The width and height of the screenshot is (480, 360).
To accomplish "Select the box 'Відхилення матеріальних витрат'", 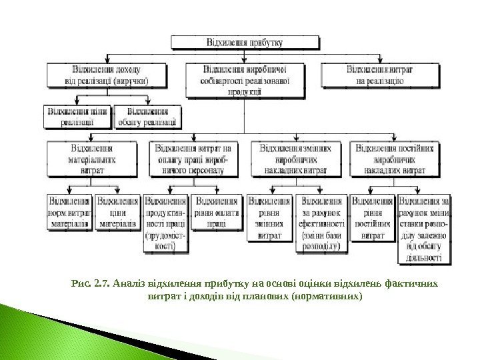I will pos(91,159).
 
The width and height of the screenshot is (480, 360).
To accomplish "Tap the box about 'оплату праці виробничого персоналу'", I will pos(192,159).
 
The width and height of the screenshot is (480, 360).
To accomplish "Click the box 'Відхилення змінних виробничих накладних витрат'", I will pos(295,159).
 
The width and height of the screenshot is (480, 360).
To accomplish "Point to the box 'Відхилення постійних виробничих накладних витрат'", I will pos(399,159).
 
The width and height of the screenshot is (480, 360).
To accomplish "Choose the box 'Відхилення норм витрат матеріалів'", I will pos(69,212).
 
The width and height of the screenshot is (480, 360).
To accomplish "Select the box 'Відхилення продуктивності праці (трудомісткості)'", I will pos(165,223).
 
